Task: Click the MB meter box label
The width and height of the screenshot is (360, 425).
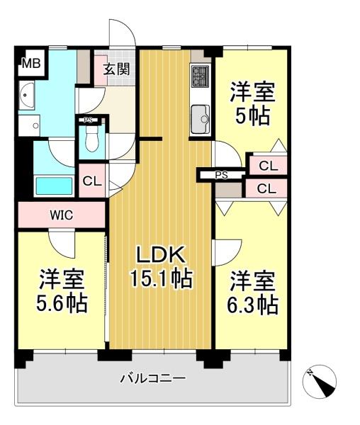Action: (31, 64)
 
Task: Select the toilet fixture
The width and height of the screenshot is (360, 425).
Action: (91, 138)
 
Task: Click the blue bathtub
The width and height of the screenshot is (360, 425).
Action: (55, 186)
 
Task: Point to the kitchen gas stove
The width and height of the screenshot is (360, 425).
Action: (201, 76)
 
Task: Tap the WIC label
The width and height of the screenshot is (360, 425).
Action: (62, 215)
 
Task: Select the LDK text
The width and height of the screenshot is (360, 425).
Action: (161, 255)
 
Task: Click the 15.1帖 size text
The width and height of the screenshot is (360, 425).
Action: (162, 278)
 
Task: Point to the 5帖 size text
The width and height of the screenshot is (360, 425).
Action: (252, 116)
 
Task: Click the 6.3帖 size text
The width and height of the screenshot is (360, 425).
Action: (252, 305)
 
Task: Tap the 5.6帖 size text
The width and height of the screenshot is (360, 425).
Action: (62, 303)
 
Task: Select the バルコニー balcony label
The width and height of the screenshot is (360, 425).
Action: (153, 378)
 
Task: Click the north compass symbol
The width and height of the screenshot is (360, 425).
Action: (320, 381)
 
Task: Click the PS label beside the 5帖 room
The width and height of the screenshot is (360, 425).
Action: (222, 176)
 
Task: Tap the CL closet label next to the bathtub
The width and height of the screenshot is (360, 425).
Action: (92, 181)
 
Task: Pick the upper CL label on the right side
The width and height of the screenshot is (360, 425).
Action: (269, 166)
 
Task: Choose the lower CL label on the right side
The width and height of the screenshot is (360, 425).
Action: (266, 188)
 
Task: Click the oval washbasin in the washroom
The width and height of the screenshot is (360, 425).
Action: (27, 96)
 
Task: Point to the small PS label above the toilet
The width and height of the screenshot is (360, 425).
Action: (88, 120)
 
